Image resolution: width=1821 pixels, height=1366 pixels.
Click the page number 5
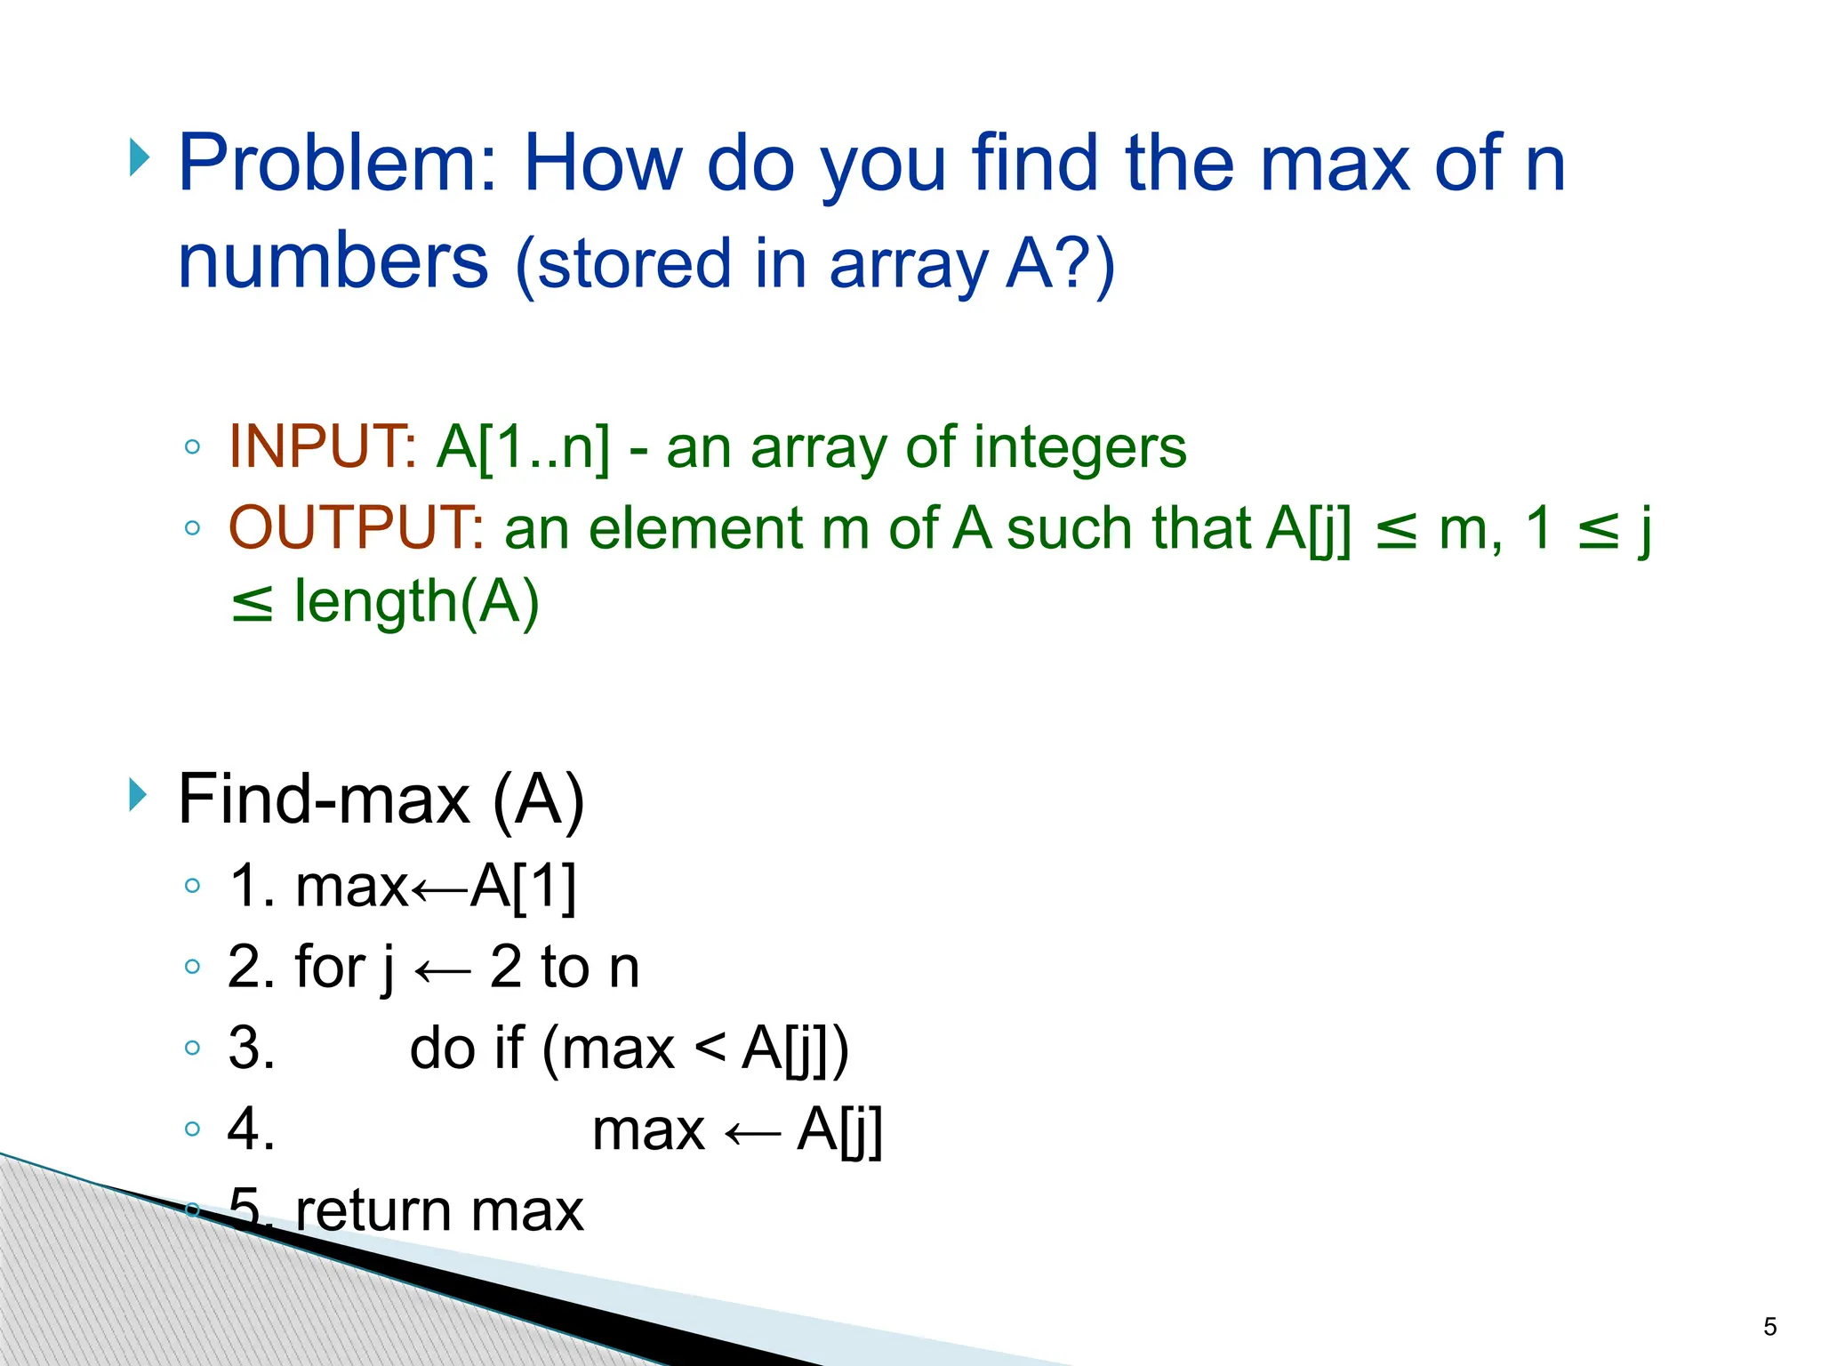pos(1769,1328)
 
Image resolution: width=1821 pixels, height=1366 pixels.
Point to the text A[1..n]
pos(524,446)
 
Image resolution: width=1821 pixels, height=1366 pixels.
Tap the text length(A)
pos(416,603)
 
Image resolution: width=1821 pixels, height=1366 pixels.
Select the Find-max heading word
pos(324,800)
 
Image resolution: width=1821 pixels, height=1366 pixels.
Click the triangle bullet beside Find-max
pos(138,794)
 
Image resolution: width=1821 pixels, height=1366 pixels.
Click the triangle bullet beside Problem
pos(138,158)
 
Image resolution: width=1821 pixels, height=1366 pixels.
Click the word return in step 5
pos(373,1211)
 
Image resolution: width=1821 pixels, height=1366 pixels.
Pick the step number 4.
pos(250,1129)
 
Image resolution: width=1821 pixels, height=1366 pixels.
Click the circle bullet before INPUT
pos(192,446)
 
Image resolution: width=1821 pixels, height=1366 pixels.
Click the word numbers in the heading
pos(333,261)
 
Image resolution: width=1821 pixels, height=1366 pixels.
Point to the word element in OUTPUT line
pos(696,528)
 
